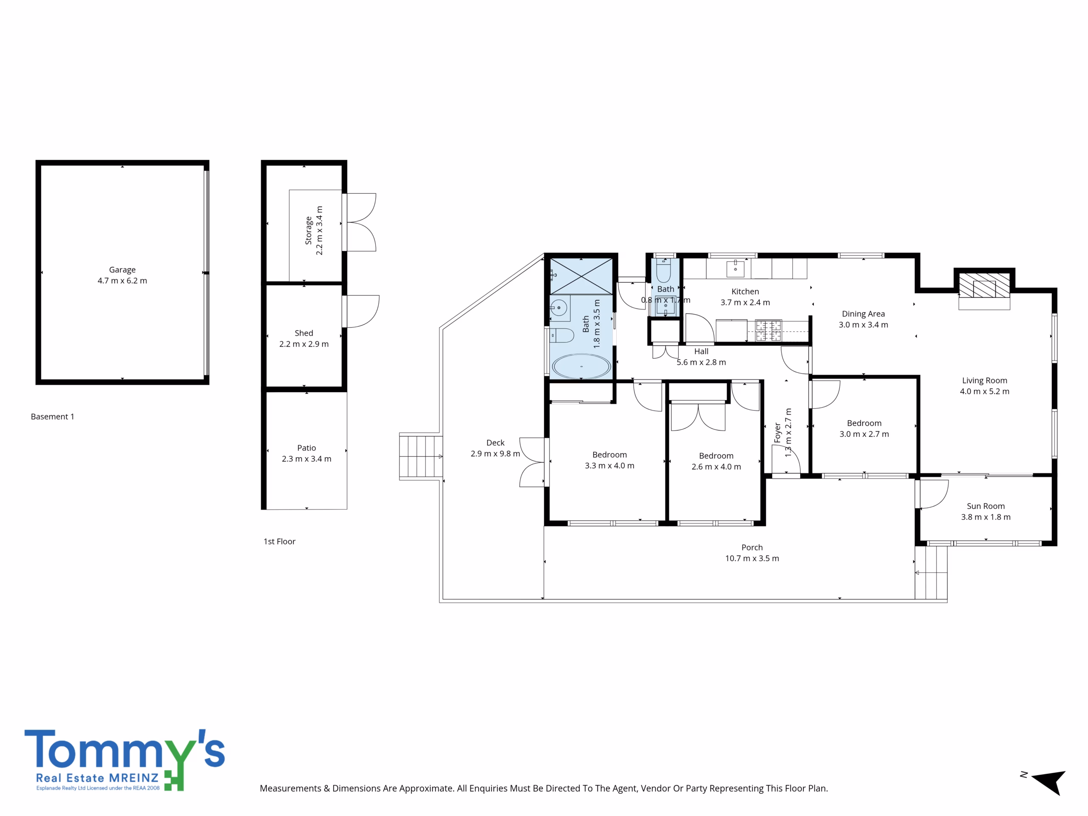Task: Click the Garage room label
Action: tap(122, 269)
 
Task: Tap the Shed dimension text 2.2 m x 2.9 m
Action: tap(304, 344)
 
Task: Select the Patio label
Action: tap(306, 448)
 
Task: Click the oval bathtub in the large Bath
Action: tap(581, 366)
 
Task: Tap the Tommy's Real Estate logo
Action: tap(125, 760)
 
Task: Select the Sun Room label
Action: tap(986, 506)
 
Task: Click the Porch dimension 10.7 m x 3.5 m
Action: tap(752, 558)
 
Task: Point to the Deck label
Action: tap(495, 443)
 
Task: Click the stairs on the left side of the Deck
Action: tap(421, 456)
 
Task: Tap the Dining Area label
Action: tap(863, 314)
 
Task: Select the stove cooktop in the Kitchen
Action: tap(768, 331)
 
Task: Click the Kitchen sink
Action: tap(735, 269)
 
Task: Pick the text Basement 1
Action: tap(53, 416)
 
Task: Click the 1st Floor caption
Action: tap(279, 541)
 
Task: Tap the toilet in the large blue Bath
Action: tap(561, 336)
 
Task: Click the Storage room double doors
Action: tap(360, 222)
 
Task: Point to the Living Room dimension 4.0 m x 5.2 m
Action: tap(985, 391)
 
